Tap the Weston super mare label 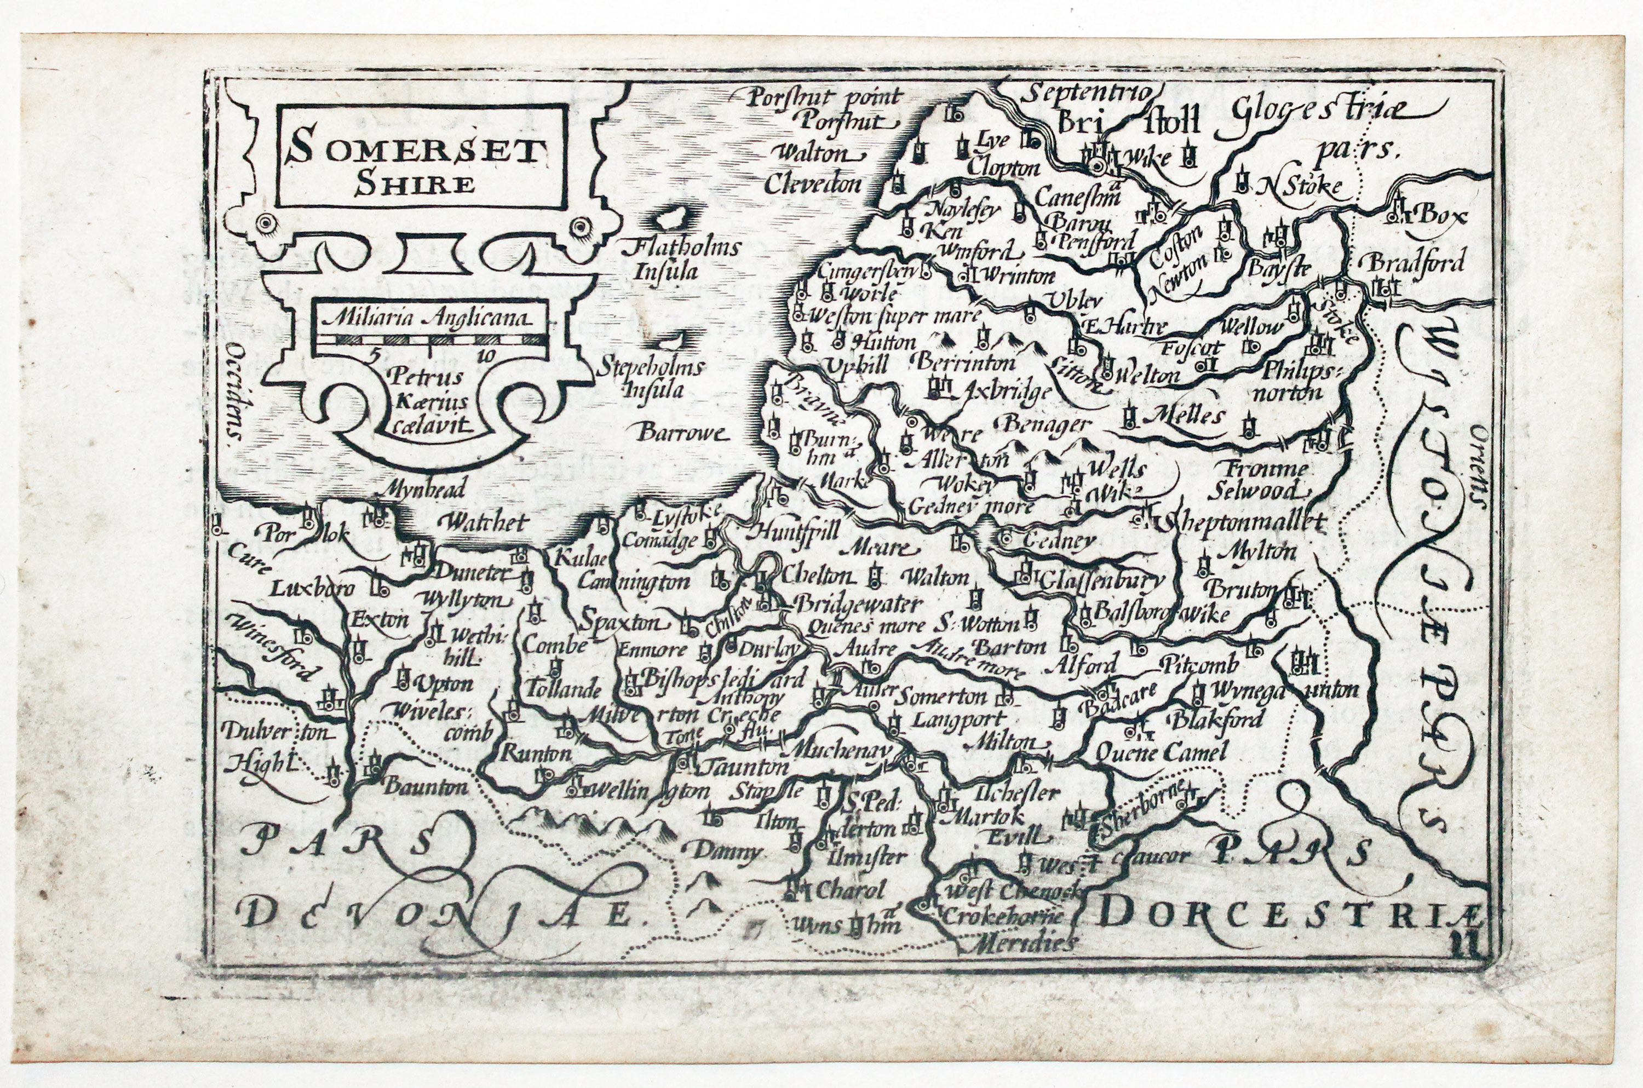point(895,316)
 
